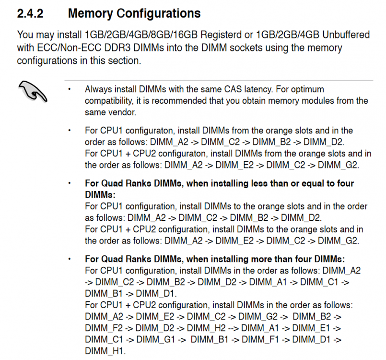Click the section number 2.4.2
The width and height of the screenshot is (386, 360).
(30, 13)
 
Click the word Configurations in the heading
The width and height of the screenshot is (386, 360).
(159, 13)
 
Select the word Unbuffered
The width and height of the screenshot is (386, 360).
(346, 35)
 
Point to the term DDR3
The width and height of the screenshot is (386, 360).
(117, 48)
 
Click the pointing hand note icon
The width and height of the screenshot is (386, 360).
(33, 91)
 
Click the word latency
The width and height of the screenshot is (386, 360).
(258, 89)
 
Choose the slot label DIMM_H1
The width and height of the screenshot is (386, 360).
(105, 351)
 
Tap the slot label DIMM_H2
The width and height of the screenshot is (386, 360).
(206, 328)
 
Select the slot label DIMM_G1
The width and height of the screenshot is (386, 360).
(155, 339)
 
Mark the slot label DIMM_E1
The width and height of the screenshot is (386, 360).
(311, 328)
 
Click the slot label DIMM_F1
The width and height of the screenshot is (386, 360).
(260, 339)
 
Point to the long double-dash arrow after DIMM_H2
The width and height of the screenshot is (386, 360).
(234, 328)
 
